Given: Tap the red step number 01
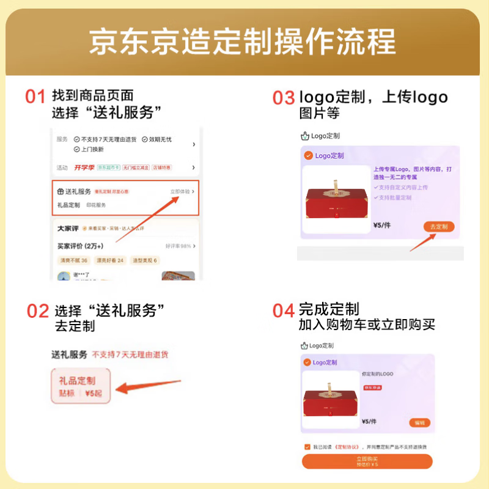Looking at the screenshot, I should click(x=35, y=97).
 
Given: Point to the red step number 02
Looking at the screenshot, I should click(x=37, y=311).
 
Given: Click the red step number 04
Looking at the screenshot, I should click(x=284, y=311).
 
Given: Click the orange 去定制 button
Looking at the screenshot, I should click(x=438, y=227).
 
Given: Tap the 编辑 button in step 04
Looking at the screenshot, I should click(x=419, y=422).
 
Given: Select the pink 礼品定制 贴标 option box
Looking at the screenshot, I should click(x=81, y=386).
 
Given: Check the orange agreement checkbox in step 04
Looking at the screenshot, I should click(x=307, y=447).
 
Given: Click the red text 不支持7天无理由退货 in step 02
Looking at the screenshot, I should click(x=130, y=355).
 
